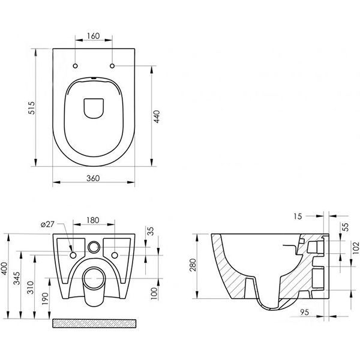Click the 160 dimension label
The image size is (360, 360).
[94, 36]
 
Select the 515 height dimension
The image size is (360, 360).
[31, 108]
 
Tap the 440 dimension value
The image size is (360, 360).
[157, 116]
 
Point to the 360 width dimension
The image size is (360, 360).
[93, 178]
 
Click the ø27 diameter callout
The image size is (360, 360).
[47, 224]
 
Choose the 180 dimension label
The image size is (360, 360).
[93, 220]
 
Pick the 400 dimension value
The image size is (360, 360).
[5, 269]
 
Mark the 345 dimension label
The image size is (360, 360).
[17, 278]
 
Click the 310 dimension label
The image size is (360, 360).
[31, 287]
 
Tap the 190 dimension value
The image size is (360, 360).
[46, 299]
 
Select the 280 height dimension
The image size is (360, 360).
[193, 265]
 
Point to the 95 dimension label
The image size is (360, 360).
[304, 312]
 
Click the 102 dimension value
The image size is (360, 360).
[356, 247]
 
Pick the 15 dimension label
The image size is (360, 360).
[298, 216]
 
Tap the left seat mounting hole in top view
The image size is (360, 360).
[76, 66]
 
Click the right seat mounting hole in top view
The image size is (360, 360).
[112, 66]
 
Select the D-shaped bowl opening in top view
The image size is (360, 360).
[94, 109]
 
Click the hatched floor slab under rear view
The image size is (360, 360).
[94, 323]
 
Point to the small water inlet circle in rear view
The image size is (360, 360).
[94, 247]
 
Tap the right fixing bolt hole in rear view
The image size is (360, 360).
[115, 255]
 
